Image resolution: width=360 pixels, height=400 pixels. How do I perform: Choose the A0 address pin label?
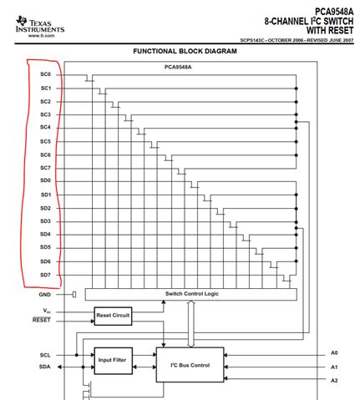click(x=333, y=353)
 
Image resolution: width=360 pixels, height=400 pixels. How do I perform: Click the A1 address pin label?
click(x=333, y=367)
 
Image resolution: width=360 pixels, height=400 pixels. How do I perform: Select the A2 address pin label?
click(x=333, y=380)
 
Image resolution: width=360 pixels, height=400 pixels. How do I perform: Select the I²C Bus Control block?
click(x=190, y=365)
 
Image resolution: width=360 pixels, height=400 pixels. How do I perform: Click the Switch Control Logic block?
click(x=191, y=294)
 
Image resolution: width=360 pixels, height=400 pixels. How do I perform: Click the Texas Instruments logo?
click(x=33, y=26)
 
